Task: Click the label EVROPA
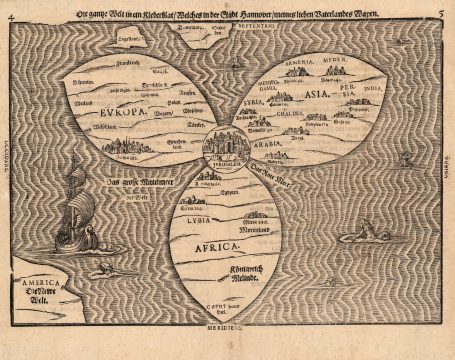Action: click(119, 115)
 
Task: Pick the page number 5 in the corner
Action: click(441, 11)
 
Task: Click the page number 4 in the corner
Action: click(8, 11)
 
